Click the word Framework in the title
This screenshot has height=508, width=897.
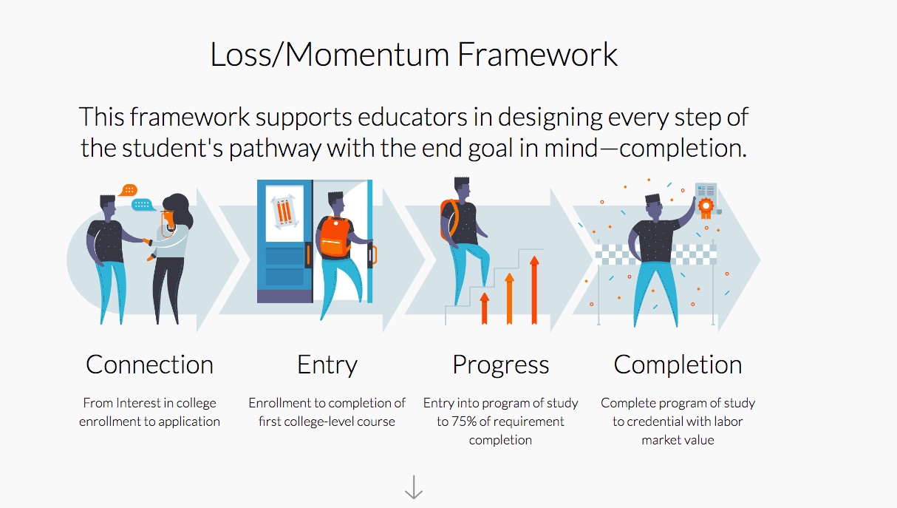(537, 55)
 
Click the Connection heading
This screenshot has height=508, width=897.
(149, 365)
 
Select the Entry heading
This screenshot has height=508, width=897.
(327, 365)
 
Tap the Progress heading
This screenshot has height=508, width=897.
(500, 365)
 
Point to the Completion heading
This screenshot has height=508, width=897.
(678, 365)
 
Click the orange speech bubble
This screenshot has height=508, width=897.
(128, 190)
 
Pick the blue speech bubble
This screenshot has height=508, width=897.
(142, 205)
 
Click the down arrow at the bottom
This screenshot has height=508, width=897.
(414, 487)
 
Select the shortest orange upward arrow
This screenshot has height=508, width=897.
(485, 308)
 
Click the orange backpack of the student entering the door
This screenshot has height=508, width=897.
(335, 237)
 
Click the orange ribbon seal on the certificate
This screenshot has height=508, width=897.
(706, 208)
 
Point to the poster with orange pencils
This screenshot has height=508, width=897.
(284, 212)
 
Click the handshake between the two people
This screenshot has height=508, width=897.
(147, 242)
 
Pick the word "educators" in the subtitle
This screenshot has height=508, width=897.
(412, 117)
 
